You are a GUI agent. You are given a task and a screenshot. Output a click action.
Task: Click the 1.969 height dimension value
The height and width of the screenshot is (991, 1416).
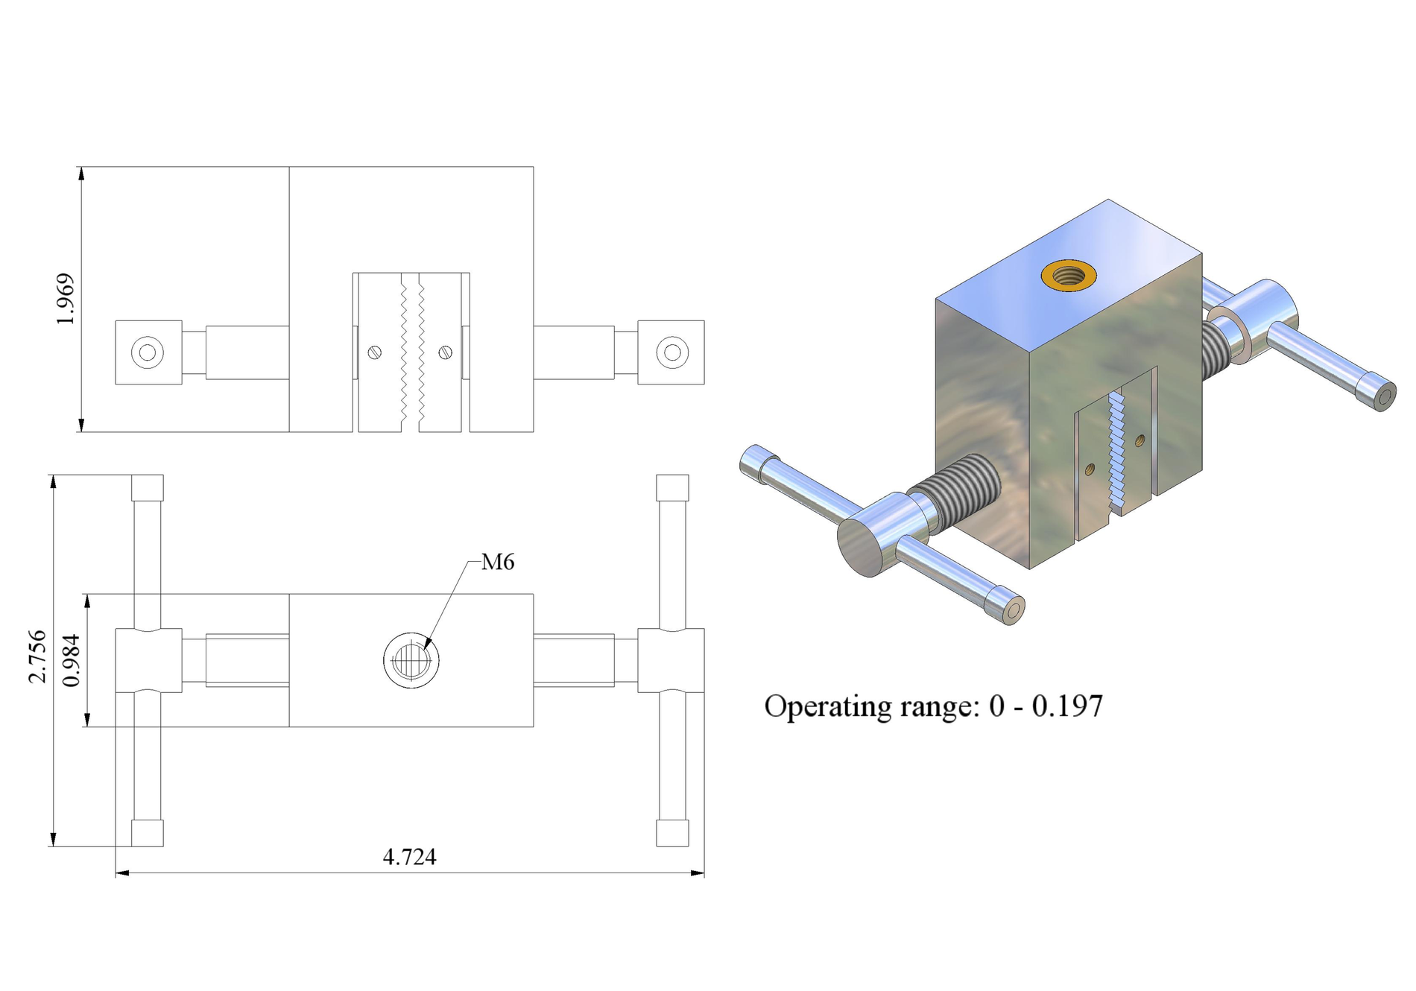coord(66,299)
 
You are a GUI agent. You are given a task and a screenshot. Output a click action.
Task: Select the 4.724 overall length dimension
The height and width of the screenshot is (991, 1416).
coord(409,857)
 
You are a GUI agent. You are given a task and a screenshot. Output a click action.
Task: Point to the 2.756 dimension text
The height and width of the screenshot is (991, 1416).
coord(37,656)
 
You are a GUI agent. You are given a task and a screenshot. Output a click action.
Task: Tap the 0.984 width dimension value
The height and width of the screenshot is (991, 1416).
coord(72,660)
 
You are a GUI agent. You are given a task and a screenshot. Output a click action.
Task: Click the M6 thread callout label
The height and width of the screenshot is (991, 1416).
coord(498,562)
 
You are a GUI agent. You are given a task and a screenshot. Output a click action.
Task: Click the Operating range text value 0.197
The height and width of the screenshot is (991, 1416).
coord(1067,706)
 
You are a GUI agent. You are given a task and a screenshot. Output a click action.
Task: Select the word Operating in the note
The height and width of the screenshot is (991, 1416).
coord(827,707)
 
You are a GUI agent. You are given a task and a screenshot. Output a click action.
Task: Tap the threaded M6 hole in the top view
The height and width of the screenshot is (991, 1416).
coord(411,660)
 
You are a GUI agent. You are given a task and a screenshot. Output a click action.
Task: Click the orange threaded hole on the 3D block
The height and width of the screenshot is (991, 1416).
coord(1068,275)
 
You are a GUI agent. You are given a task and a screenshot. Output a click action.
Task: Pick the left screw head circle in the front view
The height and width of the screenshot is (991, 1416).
coord(375,352)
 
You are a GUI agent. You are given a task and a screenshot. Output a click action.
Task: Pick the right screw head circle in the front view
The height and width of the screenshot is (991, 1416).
coord(446,352)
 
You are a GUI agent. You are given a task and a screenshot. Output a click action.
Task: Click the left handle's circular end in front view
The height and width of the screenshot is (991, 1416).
coord(148,352)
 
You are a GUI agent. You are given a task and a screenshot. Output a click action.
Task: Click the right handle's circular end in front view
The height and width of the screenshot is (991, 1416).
coord(672,352)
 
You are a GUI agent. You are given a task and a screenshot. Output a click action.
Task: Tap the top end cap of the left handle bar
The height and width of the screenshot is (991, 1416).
coord(148,487)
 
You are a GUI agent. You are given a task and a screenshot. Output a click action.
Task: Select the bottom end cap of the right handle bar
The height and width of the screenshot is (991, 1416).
coord(672,833)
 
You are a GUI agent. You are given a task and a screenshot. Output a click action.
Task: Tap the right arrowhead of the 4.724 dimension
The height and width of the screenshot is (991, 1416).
coord(698,873)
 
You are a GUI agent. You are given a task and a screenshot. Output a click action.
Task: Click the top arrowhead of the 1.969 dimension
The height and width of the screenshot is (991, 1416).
coord(81,174)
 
